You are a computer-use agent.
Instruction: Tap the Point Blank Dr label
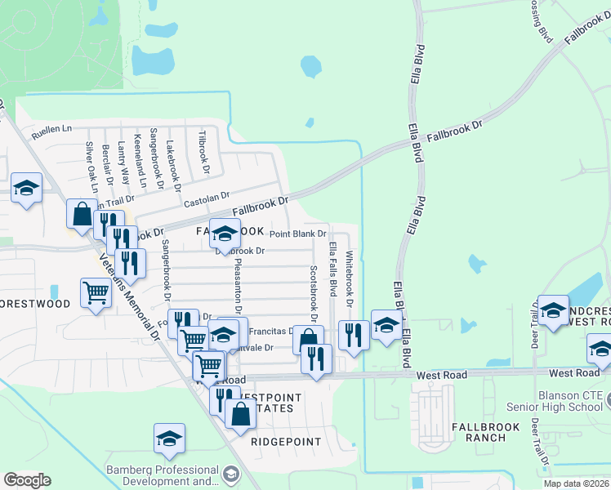pos(298,234)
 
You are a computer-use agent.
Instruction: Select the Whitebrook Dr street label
pos(349,278)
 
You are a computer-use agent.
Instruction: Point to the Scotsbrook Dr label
pos(314,292)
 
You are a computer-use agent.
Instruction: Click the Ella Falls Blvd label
pos(332,269)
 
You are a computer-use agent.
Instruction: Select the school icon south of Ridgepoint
pos(169,438)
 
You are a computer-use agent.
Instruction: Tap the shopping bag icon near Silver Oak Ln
pos(83,214)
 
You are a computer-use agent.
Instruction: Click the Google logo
pos(27,480)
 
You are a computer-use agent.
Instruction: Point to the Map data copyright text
pos(576,483)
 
